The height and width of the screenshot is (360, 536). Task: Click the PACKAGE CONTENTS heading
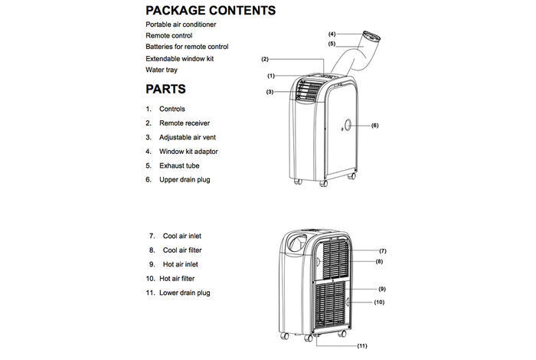[211, 10]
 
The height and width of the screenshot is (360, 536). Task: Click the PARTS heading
[166, 89]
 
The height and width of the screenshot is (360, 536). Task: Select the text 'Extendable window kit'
[179, 59]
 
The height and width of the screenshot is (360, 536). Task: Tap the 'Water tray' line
[162, 70]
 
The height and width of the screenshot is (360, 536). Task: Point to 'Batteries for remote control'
[187, 47]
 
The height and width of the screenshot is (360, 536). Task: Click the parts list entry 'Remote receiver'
[185, 123]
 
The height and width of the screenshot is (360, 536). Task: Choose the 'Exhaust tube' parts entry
[179, 165]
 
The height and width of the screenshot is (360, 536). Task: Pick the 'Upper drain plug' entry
[185, 180]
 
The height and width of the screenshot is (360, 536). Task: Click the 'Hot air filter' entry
[177, 279]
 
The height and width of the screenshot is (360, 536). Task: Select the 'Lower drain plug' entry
[185, 293]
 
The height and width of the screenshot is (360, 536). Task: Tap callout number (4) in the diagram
[332, 34]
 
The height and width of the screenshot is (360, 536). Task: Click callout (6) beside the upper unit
[375, 126]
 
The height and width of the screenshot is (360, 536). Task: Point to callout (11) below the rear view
[362, 346]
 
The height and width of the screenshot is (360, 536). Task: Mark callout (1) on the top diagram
[271, 76]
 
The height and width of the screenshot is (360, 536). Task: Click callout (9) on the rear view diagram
[382, 289]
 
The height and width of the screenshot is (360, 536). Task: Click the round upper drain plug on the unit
[348, 125]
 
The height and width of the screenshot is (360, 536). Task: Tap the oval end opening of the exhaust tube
[371, 36]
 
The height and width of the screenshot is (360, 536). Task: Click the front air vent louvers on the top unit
[306, 90]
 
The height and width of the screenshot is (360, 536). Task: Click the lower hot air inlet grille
[331, 306]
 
